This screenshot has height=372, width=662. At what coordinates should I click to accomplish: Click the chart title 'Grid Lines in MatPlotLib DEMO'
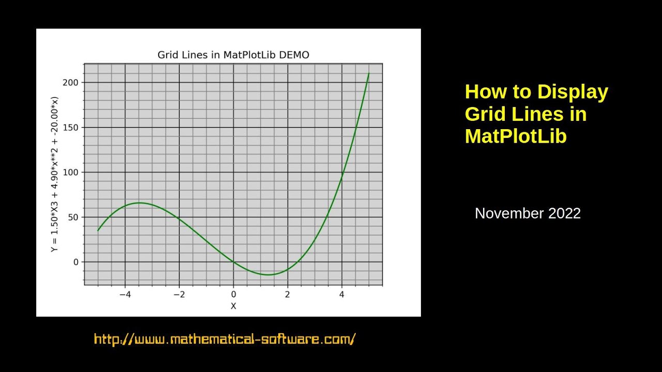click(233, 55)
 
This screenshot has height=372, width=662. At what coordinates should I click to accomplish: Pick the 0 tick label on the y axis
click(76, 262)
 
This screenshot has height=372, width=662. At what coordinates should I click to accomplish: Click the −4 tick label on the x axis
click(125, 295)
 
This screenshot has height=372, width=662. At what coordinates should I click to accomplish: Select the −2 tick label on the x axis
click(179, 295)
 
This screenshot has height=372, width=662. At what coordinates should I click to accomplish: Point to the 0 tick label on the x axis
click(233, 295)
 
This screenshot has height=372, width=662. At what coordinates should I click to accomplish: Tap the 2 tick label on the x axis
click(288, 295)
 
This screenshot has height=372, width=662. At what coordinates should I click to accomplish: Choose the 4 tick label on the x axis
click(341, 295)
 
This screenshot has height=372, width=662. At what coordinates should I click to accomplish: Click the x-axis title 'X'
click(233, 306)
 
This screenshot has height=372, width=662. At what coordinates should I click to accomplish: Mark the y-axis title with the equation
click(54, 174)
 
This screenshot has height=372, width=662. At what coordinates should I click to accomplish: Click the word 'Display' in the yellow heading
click(573, 92)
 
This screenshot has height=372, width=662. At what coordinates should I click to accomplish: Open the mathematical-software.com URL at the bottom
click(225, 339)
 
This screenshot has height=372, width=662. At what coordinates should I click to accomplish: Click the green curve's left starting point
click(98, 230)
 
